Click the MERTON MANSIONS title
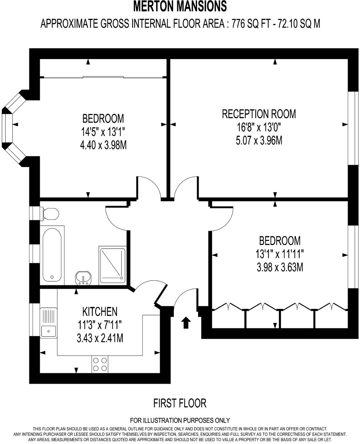coord(180,7)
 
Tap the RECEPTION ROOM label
coord(259,114)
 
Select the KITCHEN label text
coord(100,311)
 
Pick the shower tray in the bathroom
coord(112,265)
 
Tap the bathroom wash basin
coord(84,279)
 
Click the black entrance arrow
coord(186,322)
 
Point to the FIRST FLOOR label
coord(180,403)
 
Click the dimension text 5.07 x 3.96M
coord(259,140)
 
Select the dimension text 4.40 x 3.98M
coord(103,145)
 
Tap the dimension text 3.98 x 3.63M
coord(279,267)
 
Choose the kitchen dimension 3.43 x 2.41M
coord(100,338)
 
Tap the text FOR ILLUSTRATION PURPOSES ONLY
coord(180,420)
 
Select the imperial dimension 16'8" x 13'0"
coord(259,127)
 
